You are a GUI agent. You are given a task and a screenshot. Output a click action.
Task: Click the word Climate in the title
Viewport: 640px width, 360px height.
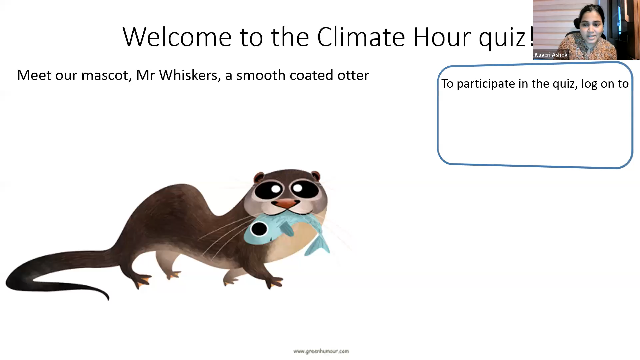coord(361,37)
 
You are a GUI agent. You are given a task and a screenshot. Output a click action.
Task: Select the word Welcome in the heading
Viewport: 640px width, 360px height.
coord(177,37)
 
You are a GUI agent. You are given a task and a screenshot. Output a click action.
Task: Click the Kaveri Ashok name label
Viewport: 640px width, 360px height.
coord(551,55)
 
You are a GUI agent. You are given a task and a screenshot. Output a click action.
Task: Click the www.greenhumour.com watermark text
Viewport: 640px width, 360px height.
coord(321,351)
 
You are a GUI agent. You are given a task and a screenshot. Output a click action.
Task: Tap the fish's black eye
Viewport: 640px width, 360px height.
coord(259,229)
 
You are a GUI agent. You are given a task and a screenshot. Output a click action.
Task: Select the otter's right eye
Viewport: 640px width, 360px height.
coord(304,189)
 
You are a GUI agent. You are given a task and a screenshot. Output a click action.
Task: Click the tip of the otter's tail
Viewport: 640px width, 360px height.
coord(108,298)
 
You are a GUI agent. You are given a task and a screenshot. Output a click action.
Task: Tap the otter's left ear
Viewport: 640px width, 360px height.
coord(259,177)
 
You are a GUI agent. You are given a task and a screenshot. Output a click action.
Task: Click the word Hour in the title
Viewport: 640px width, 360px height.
coord(441,37)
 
